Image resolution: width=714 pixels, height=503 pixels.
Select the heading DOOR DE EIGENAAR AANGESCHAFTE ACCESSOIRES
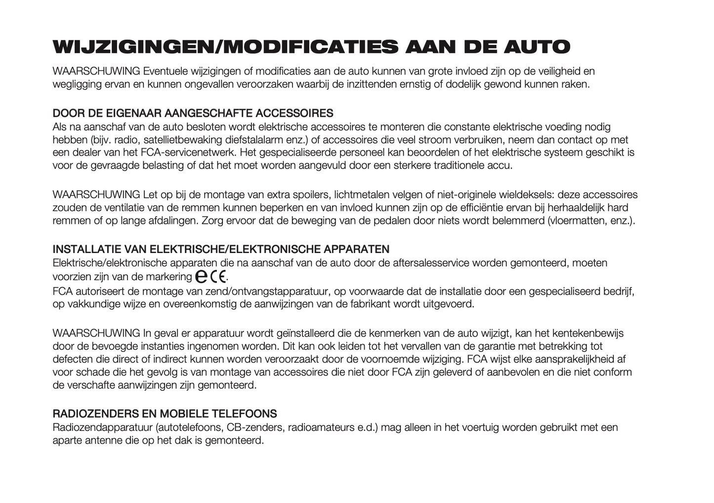pos(193,114)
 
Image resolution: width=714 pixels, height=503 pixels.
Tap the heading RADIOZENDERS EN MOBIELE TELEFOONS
pos(165,414)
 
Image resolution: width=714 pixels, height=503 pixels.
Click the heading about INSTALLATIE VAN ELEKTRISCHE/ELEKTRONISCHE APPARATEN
pos(221,249)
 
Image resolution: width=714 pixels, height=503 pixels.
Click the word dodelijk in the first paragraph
pos(466,84)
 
